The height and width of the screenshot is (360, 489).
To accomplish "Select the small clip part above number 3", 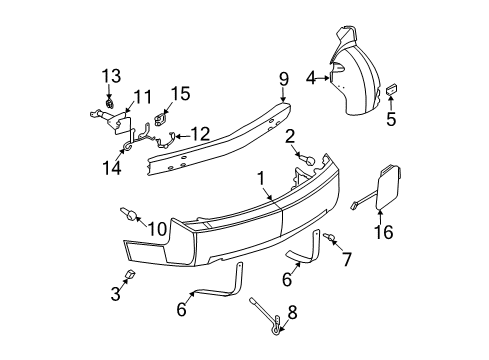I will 130,275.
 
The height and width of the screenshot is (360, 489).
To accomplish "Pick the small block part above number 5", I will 392,91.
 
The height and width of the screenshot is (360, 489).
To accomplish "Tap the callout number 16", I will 384,233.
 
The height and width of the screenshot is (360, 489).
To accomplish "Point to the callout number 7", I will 347,260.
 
